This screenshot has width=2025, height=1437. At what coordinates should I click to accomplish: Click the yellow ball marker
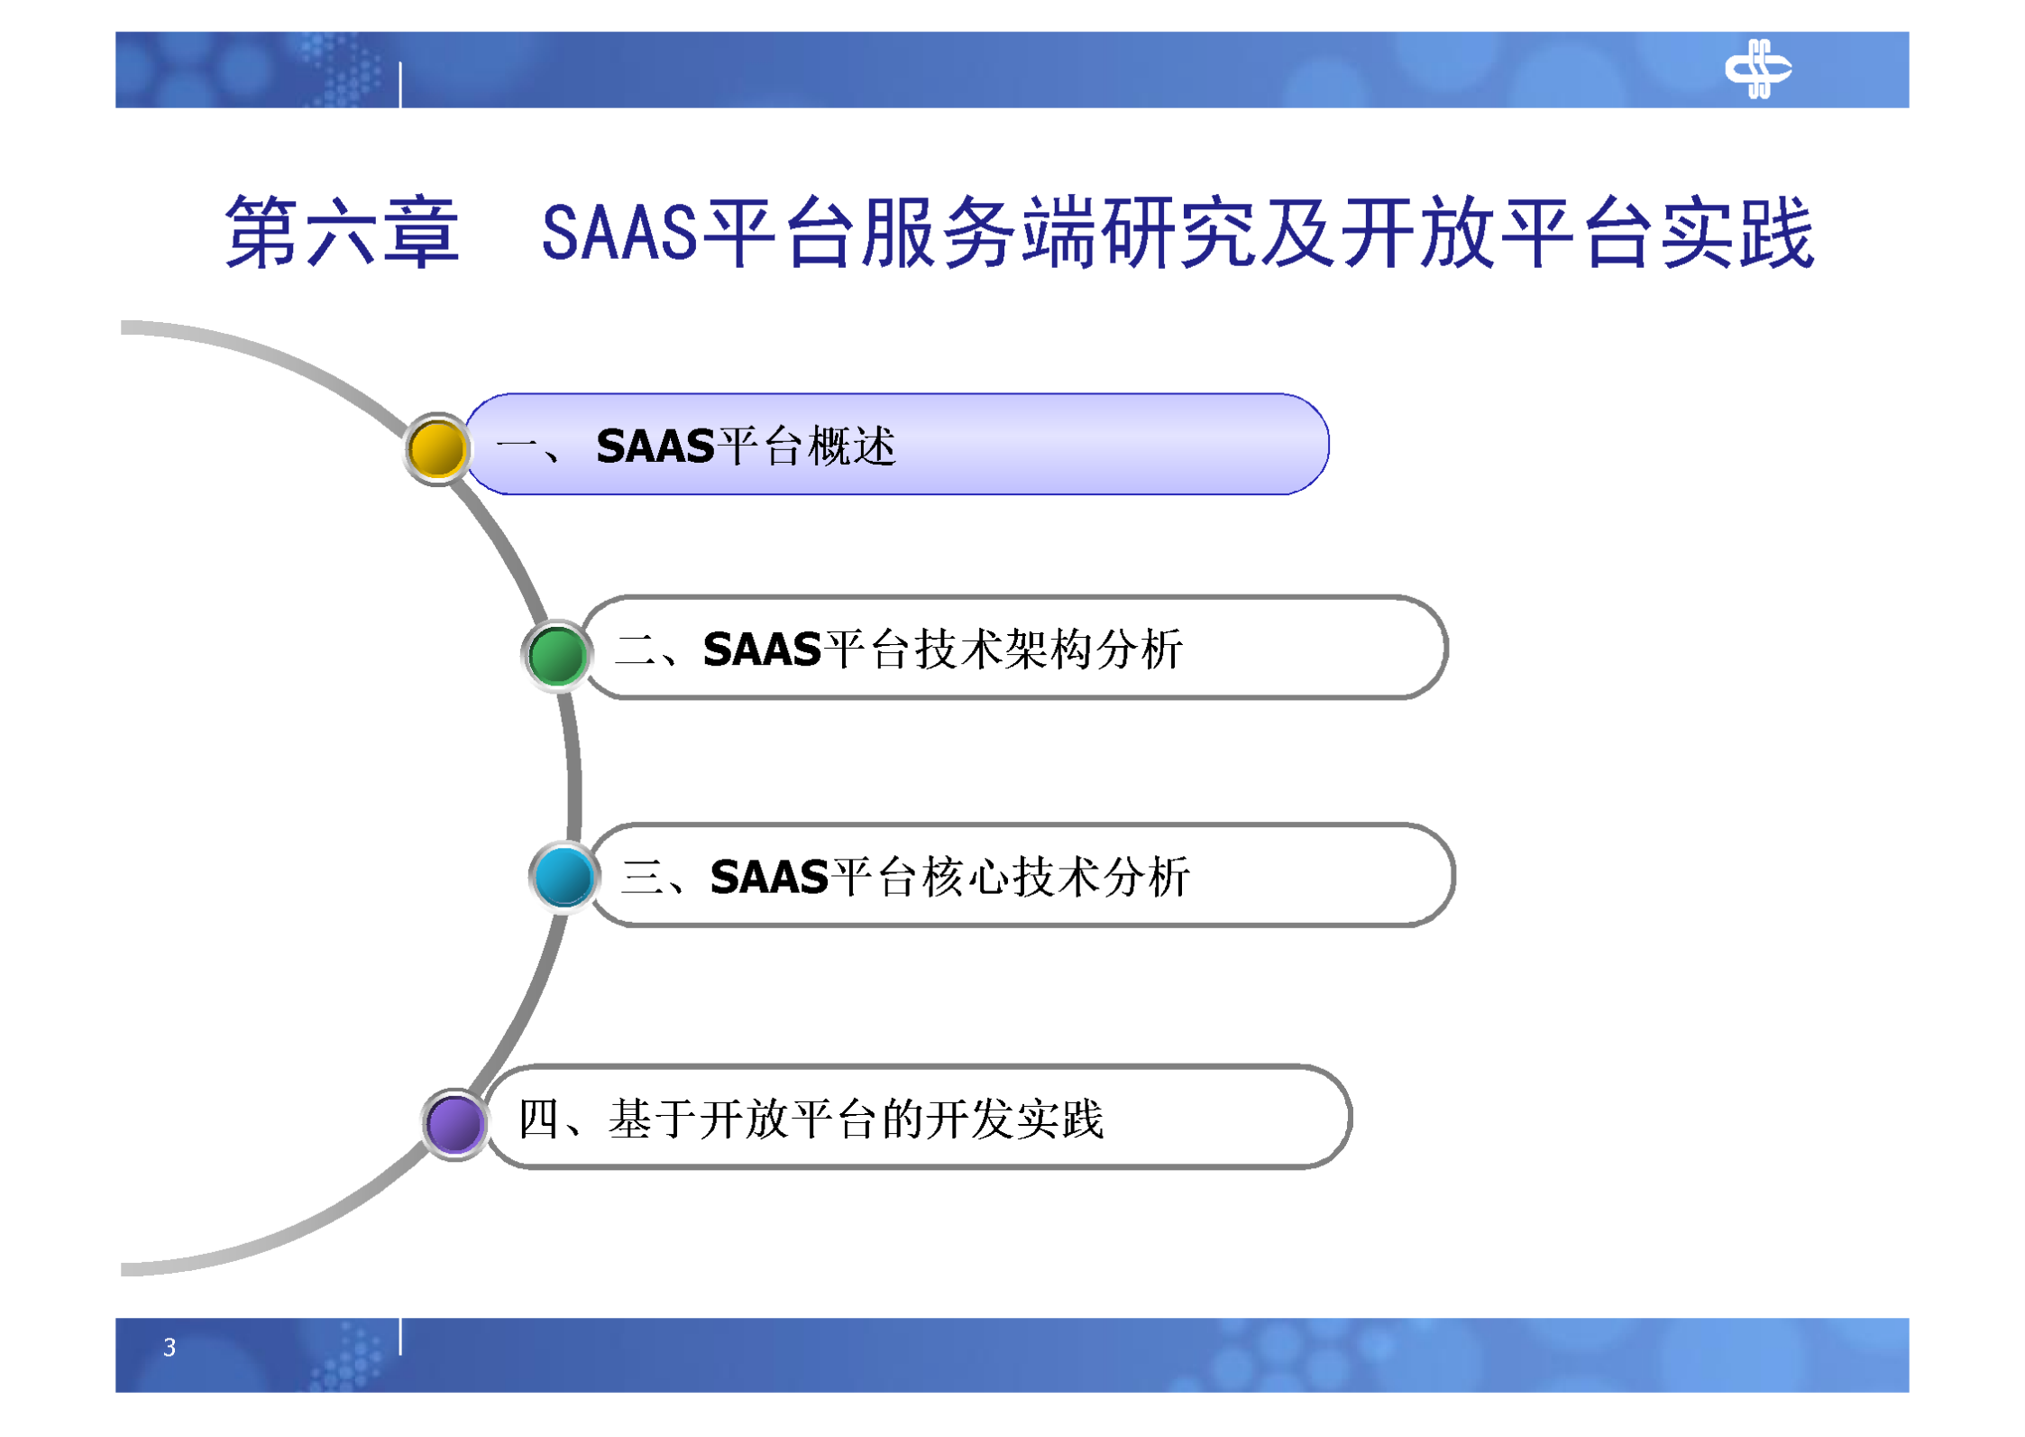tap(436, 448)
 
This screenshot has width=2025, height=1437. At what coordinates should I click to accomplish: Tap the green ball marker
tap(556, 655)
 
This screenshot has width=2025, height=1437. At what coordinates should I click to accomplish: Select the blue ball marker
tap(564, 876)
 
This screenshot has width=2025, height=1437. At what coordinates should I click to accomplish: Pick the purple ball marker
tap(454, 1124)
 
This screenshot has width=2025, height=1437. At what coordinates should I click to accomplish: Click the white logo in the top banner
tap(1756, 69)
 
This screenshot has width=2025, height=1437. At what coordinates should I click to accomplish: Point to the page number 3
tap(169, 1347)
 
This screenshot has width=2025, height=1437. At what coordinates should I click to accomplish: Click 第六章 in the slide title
tap(342, 233)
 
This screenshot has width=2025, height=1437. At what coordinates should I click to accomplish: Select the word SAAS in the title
tap(619, 233)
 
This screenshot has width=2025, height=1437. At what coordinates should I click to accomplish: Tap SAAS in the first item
tap(655, 447)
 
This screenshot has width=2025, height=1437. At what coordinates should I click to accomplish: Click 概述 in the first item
tap(851, 447)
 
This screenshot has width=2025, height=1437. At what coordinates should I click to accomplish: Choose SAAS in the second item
tap(762, 649)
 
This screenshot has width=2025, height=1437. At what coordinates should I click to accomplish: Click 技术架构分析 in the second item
tap(1049, 649)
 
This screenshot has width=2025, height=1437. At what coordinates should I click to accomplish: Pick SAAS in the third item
tap(769, 877)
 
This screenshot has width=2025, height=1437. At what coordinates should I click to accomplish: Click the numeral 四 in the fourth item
tap(538, 1119)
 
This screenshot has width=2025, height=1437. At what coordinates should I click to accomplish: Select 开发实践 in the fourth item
tap(1014, 1119)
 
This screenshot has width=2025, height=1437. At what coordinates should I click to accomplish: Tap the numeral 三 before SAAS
tap(643, 877)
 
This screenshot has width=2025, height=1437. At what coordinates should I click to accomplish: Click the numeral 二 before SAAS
tap(636, 649)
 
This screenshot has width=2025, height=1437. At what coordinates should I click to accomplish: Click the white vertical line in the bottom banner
tap(400, 1335)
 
